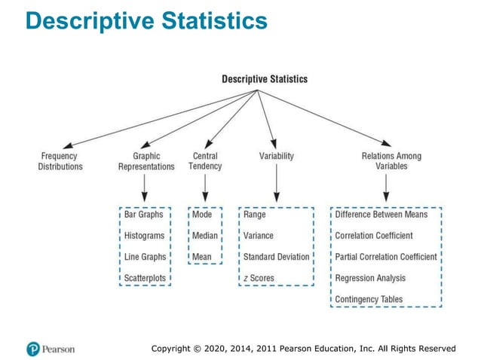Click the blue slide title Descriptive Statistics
(146, 21)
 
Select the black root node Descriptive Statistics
(264, 79)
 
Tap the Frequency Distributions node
(60, 161)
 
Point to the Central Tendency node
(205, 161)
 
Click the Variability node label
(277, 157)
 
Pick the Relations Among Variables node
(391, 161)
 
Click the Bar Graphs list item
(145, 215)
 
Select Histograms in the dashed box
(145, 236)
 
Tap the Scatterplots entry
(146, 278)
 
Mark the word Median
(205, 236)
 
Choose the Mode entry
(202, 215)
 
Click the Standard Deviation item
(276, 257)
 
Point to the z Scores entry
(259, 278)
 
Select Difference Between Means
(381, 215)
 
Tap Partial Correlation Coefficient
(386, 257)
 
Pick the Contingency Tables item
(369, 299)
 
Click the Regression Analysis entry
(369, 278)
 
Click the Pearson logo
(51, 349)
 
